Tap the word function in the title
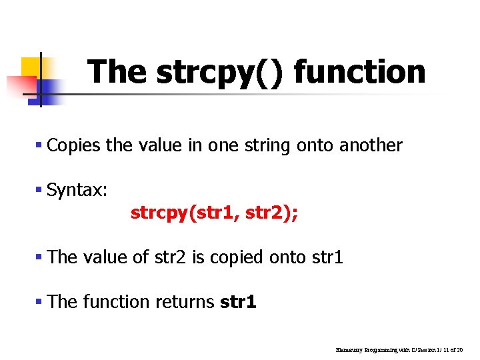click(x=359, y=71)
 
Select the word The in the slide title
click(x=117, y=71)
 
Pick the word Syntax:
click(x=77, y=191)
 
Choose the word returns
click(x=184, y=302)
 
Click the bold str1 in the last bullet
click(x=238, y=302)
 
